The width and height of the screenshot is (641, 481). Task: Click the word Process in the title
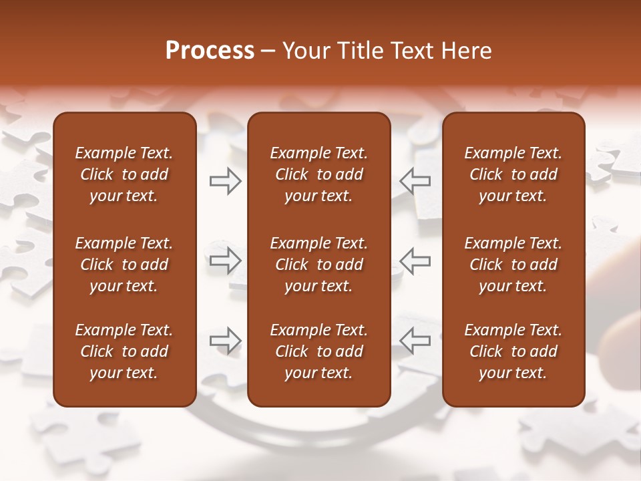coord(210,51)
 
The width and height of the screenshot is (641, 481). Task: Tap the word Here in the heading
coord(466,51)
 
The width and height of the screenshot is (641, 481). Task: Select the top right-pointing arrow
coord(226,181)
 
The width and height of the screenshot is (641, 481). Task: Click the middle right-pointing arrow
coord(226,261)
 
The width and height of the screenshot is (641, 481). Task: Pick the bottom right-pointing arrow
coord(226,340)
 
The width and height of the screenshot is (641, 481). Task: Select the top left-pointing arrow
coord(415,181)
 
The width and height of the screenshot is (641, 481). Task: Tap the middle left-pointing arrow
coord(415,261)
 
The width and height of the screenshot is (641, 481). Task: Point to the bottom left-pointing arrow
coord(415,340)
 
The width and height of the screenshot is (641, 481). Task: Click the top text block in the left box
coord(124,174)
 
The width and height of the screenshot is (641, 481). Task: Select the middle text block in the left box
coord(124,265)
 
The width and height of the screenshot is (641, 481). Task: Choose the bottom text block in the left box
coord(124,351)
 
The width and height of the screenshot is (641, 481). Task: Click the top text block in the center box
coord(318,174)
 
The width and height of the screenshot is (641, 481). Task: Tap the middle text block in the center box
coord(318,265)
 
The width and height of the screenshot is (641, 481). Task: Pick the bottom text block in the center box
coord(318,351)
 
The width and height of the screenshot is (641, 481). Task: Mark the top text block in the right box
coord(513,174)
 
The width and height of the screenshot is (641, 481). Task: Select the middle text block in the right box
coord(513,265)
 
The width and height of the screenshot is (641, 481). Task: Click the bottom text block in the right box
coord(513,351)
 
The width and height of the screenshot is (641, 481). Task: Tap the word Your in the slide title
coord(304,51)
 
